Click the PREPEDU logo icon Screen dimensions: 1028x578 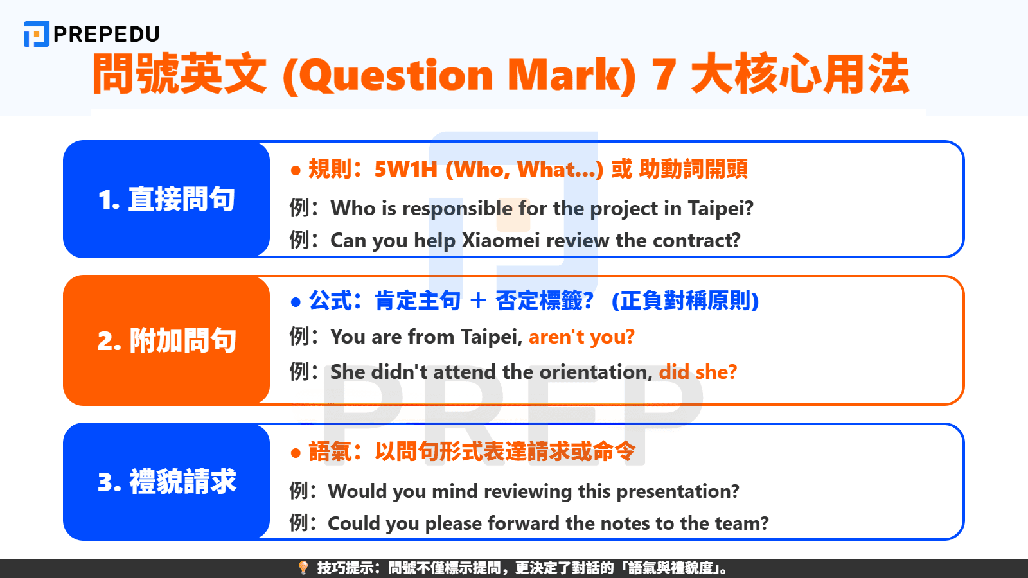[36, 34]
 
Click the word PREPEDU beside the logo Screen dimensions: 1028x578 [107, 35]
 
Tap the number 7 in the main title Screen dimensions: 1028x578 [664, 74]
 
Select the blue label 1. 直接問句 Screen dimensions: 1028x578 [166, 199]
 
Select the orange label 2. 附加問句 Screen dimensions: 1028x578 [166, 340]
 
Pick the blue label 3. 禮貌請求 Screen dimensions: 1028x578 [166, 482]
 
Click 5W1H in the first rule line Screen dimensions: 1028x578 [405, 170]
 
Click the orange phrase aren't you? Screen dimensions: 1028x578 [581, 337]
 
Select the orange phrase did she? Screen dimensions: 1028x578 [698, 372]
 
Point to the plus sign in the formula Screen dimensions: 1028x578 [478, 301]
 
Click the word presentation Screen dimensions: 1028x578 [677, 491]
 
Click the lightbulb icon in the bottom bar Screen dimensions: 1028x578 [303, 568]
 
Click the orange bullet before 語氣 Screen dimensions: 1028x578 [296, 453]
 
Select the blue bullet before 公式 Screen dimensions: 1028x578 [296, 302]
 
